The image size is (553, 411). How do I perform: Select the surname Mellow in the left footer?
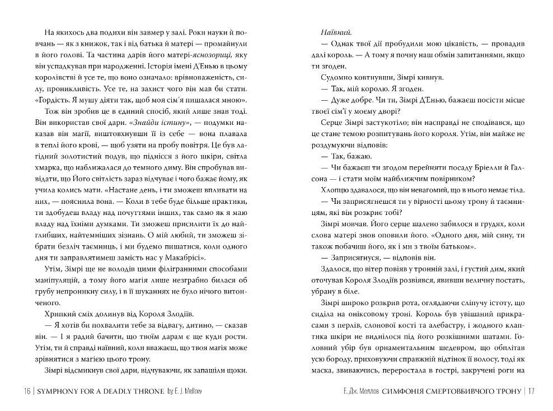(x=188, y=391)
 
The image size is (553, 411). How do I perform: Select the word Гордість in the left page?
(x=53, y=101)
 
